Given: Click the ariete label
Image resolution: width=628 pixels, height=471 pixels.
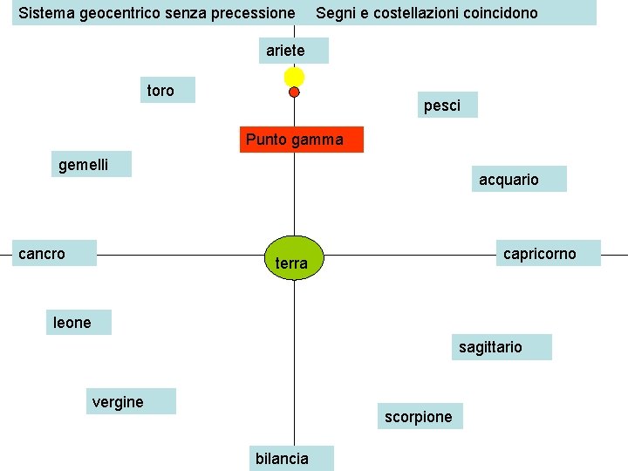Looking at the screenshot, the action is (293, 51).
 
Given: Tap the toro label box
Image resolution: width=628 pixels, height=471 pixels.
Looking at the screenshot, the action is (170, 90).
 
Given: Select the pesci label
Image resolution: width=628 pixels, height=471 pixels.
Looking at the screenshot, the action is (447, 105).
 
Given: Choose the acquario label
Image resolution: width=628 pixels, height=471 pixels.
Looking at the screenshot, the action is (519, 179).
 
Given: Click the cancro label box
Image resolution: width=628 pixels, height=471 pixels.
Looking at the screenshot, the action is (55, 253).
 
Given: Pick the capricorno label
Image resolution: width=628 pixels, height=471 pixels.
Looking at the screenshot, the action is (548, 253).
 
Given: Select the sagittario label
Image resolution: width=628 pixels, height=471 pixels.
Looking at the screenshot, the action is (502, 347).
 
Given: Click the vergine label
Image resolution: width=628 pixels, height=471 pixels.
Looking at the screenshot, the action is (130, 401).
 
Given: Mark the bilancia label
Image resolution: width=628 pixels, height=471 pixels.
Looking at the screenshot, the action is (291, 458).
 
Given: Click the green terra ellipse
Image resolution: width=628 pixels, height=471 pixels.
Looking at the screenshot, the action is (294, 258).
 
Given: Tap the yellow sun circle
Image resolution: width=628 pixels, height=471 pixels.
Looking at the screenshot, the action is (294, 77).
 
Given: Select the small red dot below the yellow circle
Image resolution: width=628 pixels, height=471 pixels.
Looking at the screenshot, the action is (294, 92).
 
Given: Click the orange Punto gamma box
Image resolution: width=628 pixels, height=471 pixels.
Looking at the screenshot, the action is (301, 140).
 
